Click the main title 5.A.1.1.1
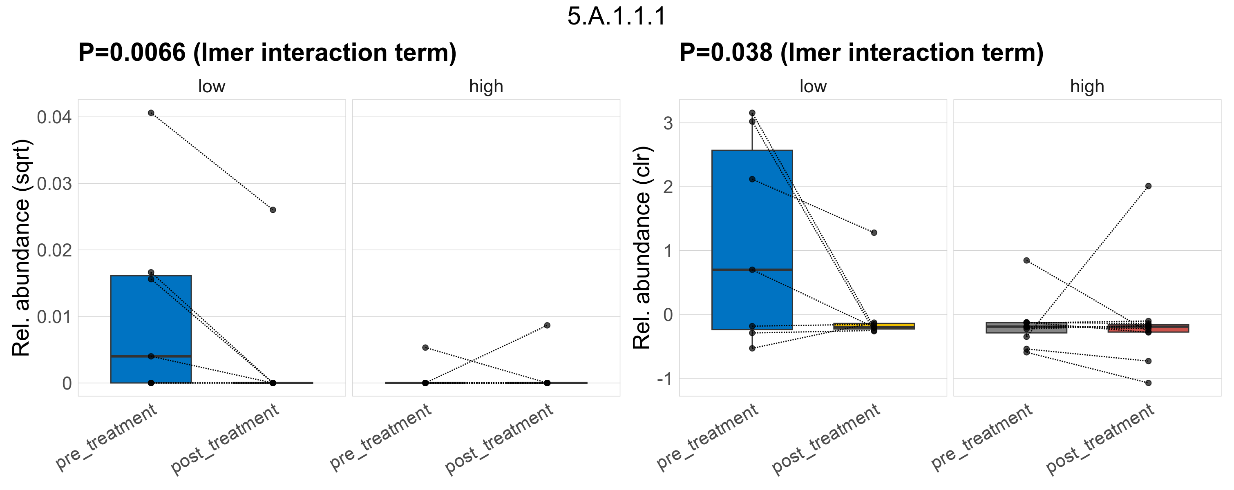[617, 16]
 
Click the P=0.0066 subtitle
[267, 52]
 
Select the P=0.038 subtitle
[861, 52]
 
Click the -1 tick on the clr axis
[664, 379]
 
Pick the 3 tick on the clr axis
[668, 123]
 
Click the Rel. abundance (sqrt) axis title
[21, 248]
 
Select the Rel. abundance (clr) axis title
[642, 248]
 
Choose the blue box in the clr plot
[752, 215]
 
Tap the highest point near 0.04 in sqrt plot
[151, 113]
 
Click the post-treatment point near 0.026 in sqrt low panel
[273, 209]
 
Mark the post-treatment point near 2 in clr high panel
[1148, 186]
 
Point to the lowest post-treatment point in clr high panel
[1148, 383]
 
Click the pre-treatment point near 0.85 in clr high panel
[1026, 261]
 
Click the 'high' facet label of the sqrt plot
[486, 87]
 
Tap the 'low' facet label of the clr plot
[813, 87]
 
